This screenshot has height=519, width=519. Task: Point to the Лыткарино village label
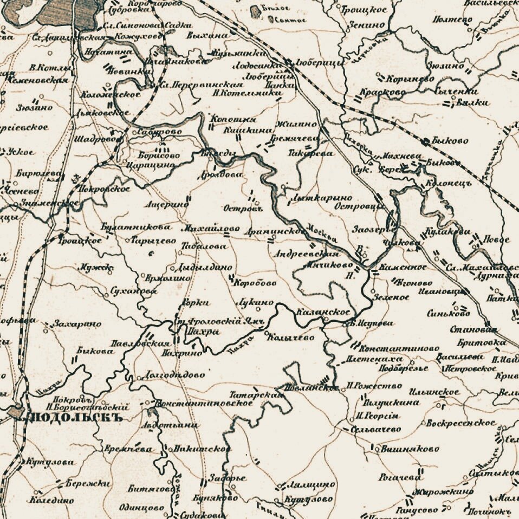click(321, 198)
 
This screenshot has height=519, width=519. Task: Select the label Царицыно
click(152, 165)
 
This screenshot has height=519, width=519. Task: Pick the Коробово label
click(255, 283)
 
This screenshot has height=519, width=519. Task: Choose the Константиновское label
click(205, 403)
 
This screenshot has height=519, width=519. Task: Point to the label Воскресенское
click(460, 423)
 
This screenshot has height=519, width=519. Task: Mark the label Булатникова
click(135, 226)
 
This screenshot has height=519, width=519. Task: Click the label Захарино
click(77, 324)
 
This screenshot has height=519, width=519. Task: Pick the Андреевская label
click(307, 253)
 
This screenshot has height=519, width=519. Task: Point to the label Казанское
click(324, 313)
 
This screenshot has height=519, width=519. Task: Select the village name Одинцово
click(146, 508)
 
